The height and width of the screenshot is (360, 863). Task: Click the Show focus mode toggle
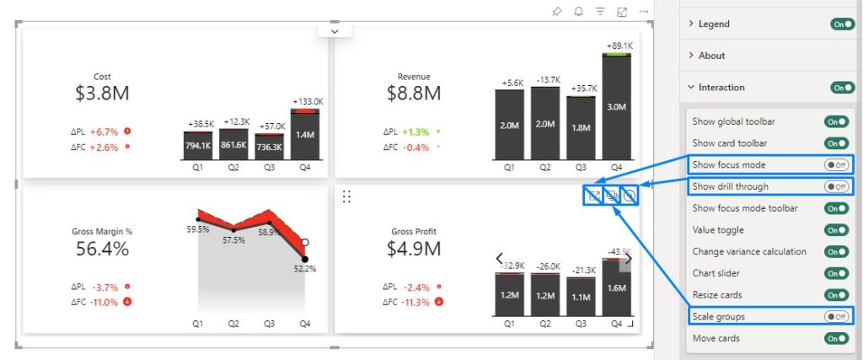[x=836, y=165]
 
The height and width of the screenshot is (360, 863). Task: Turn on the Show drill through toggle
[x=836, y=186]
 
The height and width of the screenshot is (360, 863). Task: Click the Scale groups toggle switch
[x=836, y=316]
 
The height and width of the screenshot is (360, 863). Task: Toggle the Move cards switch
[x=836, y=338]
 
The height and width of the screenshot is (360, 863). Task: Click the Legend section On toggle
[x=842, y=24]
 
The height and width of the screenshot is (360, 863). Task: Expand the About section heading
[x=711, y=56]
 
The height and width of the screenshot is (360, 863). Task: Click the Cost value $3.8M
[x=102, y=94]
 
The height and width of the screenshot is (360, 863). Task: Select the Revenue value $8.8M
[x=414, y=94]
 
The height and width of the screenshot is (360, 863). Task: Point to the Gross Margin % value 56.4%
[x=102, y=249]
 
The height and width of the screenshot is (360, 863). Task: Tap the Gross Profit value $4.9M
[x=414, y=249]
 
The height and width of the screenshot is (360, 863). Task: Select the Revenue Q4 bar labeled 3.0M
[x=616, y=107]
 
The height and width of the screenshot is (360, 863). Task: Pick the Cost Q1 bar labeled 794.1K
[x=197, y=146]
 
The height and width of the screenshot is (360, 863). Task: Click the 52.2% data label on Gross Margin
[x=305, y=269]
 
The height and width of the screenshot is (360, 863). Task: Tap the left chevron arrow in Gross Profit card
[x=499, y=258]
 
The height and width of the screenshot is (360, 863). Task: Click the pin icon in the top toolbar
[x=556, y=12]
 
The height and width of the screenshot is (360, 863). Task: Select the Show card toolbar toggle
[x=836, y=143]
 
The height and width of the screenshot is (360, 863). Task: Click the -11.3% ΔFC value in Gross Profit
[x=416, y=302]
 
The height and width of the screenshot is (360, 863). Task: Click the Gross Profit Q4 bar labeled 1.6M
[x=616, y=287]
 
